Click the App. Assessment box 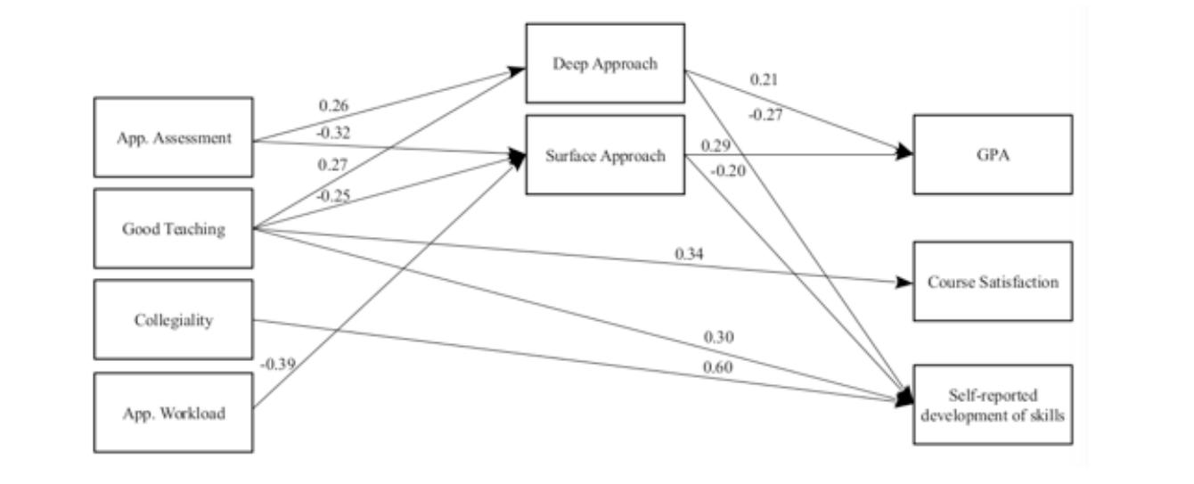pyautogui.click(x=173, y=137)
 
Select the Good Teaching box pyautogui.click(x=173, y=229)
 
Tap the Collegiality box pyautogui.click(x=173, y=320)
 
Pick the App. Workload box pyautogui.click(x=173, y=413)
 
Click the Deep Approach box pyautogui.click(x=605, y=63)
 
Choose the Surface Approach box pyautogui.click(x=605, y=156)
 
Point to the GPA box pyautogui.click(x=993, y=153)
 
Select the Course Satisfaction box pyautogui.click(x=993, y=282)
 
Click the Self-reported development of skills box pyautogui.click(x=993, y=405)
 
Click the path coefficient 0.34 pyautogui.click(x=689, y=254)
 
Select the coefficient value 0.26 pyautogui.click(x=334, y=105)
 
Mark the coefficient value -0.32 pyautogui.click(x=334, y=134)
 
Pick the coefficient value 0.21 pyautogui.click(x=764, y=79)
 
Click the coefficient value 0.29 pyautogui.click(x=716, y=144)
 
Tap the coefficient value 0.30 pyautogui.click(x=718, y=337)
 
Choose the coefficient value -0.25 pyautogui.click(x=334, y=195)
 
